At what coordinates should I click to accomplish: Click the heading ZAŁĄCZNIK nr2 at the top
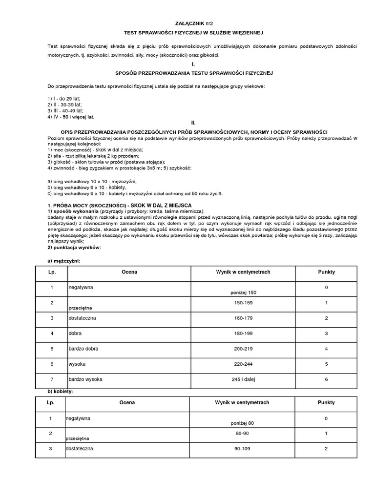[x=193, y=23]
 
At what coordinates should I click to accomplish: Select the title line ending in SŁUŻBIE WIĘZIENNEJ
[x=193, y=33]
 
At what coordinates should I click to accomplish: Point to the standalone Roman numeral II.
[x=193, y=123]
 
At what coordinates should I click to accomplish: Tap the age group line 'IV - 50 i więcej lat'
[x=71, y=117]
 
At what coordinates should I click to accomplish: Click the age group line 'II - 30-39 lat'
[x=64, y=104]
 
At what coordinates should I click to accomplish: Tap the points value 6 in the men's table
[x=326, y=379]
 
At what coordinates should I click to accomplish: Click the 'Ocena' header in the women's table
[x=127, y=403]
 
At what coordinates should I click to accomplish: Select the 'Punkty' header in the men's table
[x=326, y=272]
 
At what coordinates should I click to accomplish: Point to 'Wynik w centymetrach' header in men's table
[x=242, y=272]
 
